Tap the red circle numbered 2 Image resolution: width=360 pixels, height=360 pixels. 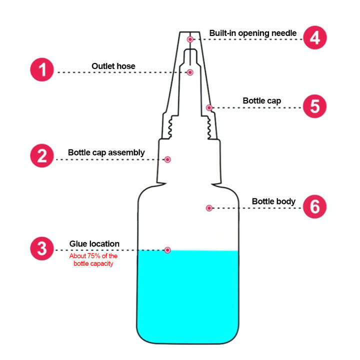click(x=42, y=156)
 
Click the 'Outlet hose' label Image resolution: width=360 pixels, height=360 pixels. click(x=113, y=65)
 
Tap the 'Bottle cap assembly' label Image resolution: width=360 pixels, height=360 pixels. click(x=106, y=152)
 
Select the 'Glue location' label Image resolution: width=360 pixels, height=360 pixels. click(x=94, y=244)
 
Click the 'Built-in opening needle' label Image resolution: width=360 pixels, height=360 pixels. click(x=252, y=33)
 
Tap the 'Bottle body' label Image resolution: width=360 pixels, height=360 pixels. click(x=273, y=201)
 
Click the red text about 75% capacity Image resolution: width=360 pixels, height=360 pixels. click(x=93, y=259)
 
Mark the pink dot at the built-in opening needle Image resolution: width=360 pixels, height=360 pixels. click(x=190, y=39)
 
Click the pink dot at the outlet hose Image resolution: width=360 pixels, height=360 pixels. click(x=190, y=72)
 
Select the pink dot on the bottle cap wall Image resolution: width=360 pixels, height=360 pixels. click(x=209, y=107)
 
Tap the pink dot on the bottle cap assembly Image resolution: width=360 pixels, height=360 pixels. click(x=168, y=159)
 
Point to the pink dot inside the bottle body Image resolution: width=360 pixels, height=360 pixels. click(x=208, y=207)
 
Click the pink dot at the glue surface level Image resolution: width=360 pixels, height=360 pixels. click(x=167, y=250)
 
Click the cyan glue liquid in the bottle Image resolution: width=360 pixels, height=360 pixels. click(x=187, y=300)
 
